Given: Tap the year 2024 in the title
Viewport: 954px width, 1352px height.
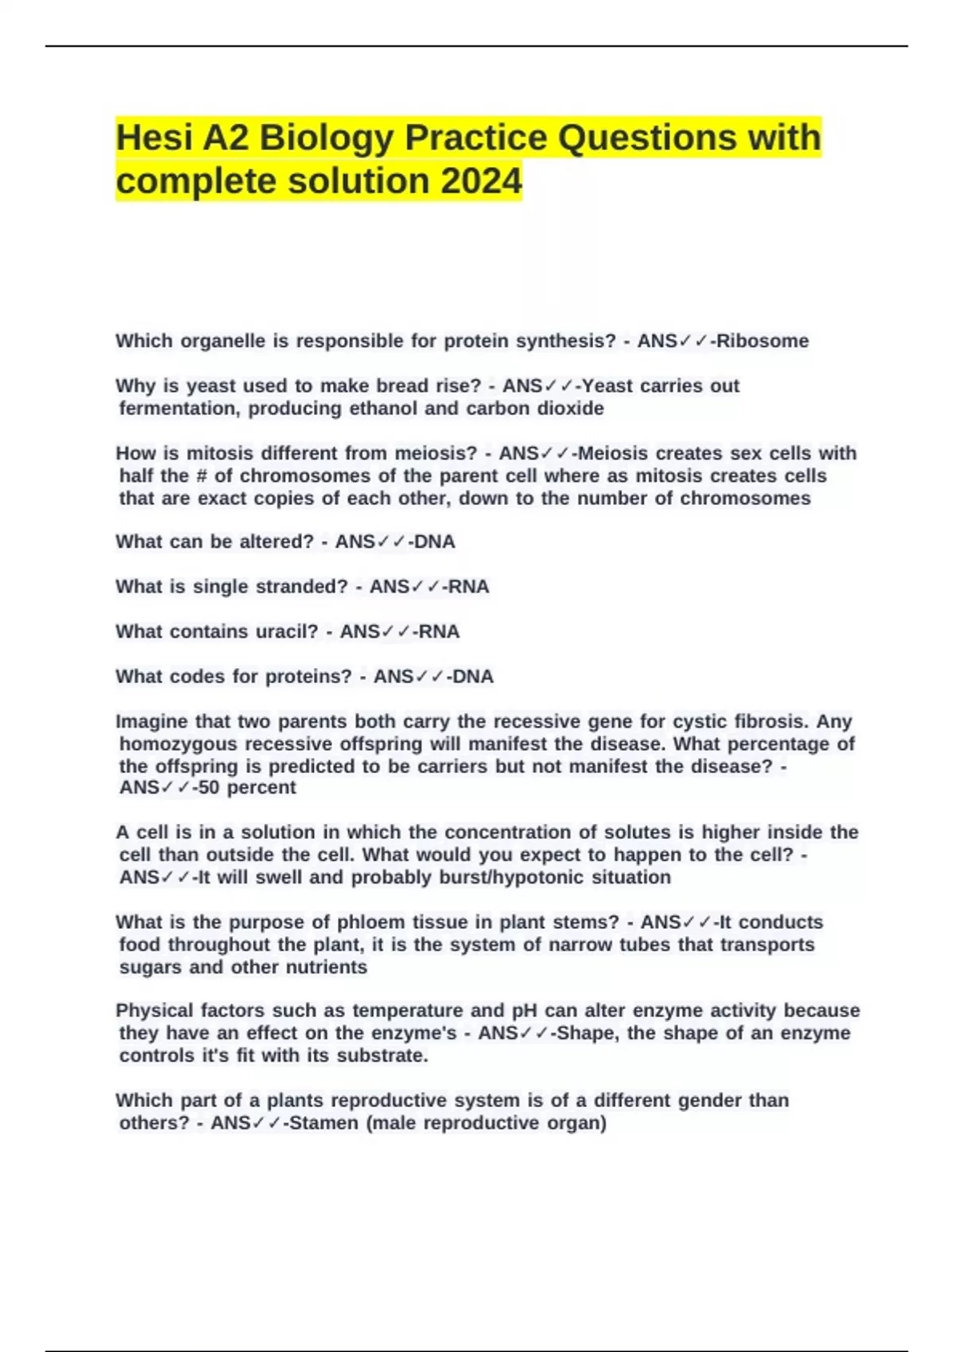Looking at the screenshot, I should [x=481, y=181].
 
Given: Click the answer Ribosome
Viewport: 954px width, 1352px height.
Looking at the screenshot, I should [x=762, y=341].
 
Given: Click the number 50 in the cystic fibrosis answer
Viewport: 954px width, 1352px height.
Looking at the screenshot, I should [x=209, y=788].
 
